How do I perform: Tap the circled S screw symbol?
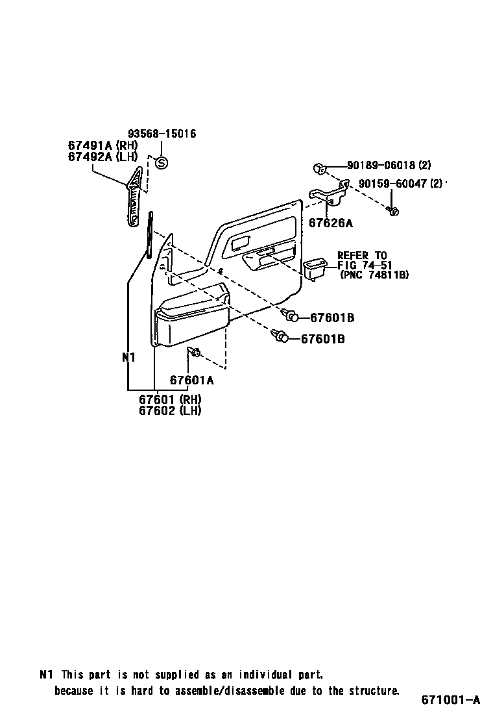(162, 163)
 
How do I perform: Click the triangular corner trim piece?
(135, 197)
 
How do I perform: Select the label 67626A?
(330, 223)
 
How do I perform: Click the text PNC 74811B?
(374, 275)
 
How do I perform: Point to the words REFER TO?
(361, 255)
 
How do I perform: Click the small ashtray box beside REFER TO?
(317, 269)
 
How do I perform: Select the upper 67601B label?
(331, 317)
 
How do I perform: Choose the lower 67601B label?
(322, 338)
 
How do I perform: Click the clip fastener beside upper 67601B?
(291, 316)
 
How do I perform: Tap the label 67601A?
(191, 380)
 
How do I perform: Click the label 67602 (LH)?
(170, 410)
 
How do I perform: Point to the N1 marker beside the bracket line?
(128, 357)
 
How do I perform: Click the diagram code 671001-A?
(450, 699)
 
